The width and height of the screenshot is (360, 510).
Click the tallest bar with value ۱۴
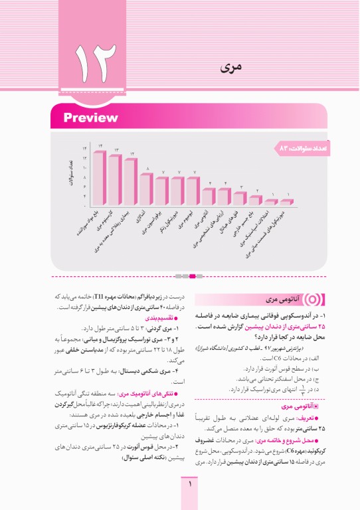(x=100, y=178)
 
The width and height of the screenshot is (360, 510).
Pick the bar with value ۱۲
(x=132, y=182)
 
